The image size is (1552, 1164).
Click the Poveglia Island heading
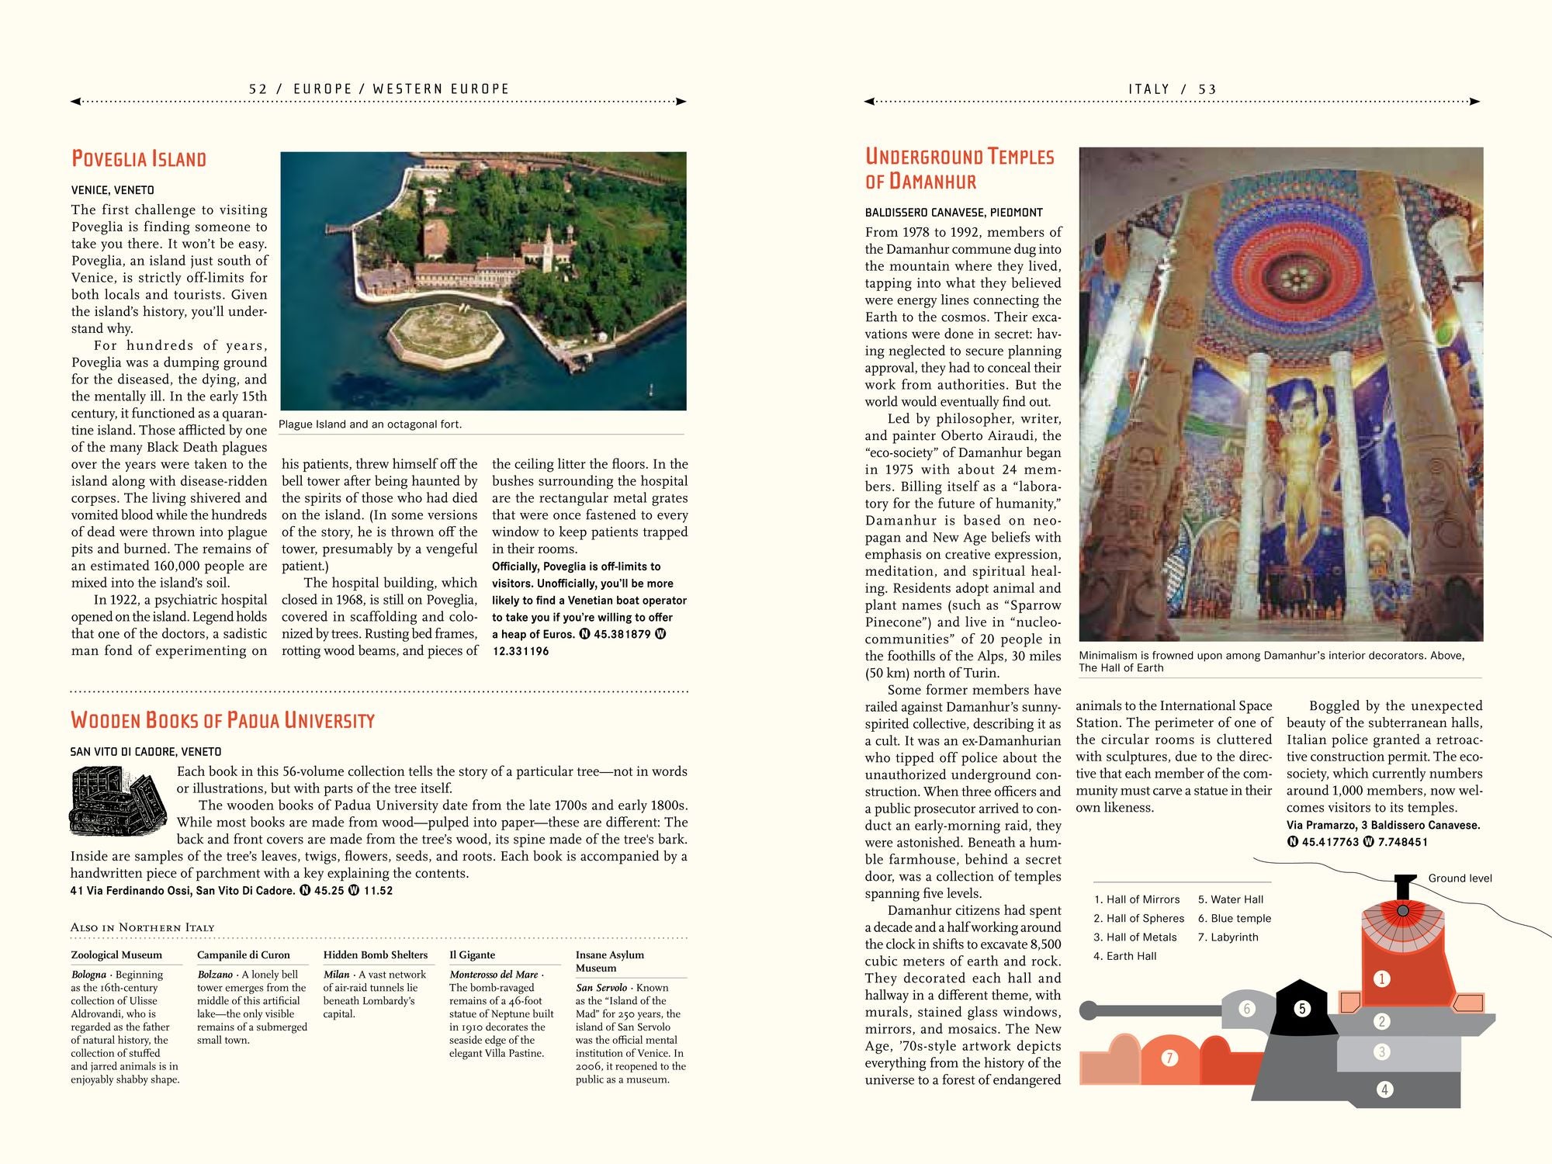tap(139, 159)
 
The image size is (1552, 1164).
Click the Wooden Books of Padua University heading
tap(223, 720)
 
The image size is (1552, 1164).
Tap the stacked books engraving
tap(118, 801)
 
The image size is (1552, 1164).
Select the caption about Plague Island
tap(370, 424)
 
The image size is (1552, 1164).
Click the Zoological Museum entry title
tap(116, 955)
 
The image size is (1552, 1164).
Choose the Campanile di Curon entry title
tap(243, 955)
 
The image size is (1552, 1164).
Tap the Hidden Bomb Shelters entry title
tap(376, 955)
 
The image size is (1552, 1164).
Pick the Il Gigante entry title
tap(472, 955)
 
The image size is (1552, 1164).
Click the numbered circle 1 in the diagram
tap(1381, 979)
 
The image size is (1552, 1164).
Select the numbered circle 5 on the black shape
tap(1302, 1008)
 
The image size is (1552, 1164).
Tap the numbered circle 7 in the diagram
tap(1169, 1058)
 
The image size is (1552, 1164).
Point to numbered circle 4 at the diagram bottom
tap(1384, 1090)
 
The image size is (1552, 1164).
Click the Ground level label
tap(1460, 878)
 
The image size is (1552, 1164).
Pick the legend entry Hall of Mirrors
tap(1137, 899)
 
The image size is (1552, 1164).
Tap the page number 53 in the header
tap(1207, 89)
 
